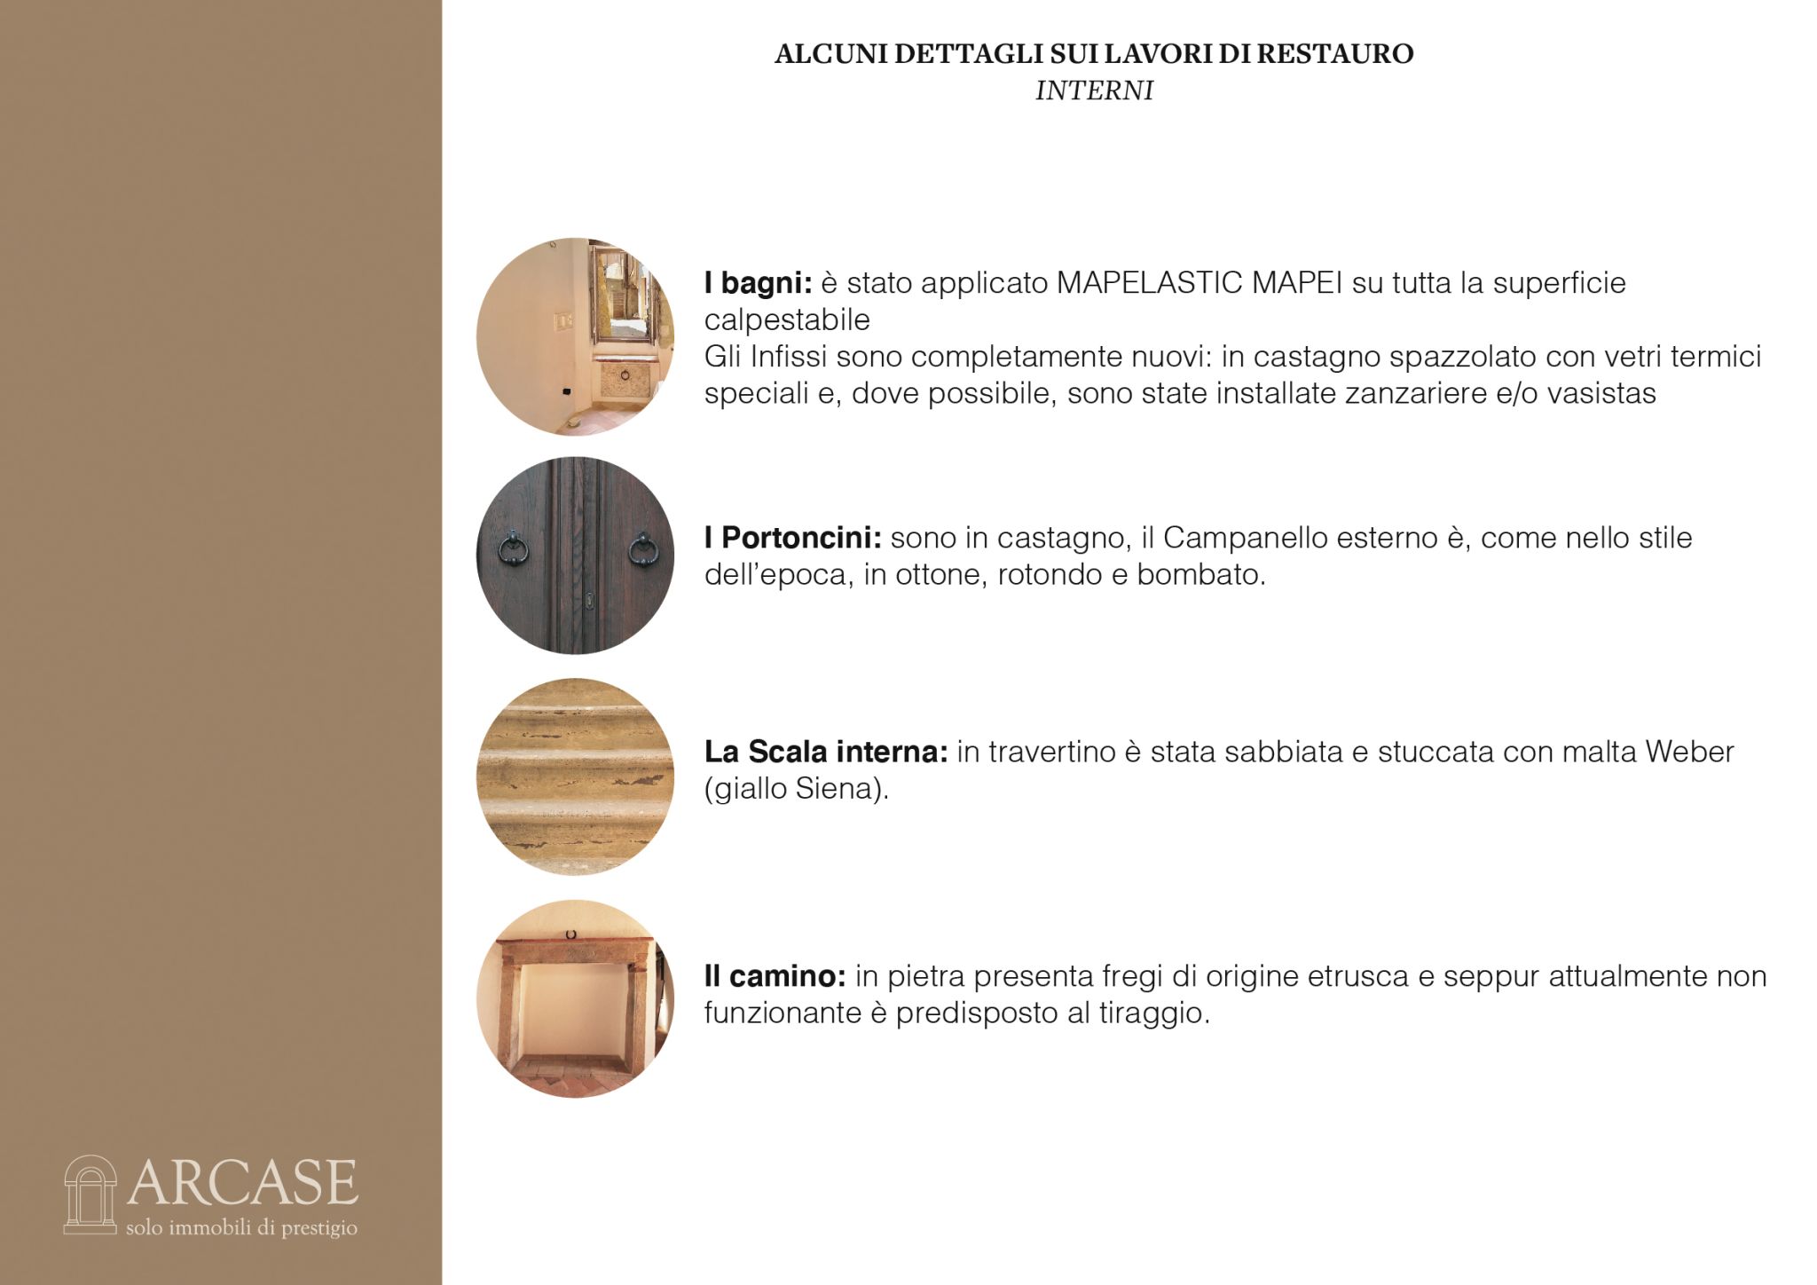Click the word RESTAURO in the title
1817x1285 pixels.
(1335, 53)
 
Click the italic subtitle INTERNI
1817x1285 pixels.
(1094, 91)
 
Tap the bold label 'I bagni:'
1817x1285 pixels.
(759, 284)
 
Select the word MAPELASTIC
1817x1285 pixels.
(1150, 283)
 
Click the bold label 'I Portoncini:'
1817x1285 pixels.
(793, 538)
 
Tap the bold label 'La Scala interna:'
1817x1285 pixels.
(826, 752)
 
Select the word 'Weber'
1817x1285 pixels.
(1689, 752)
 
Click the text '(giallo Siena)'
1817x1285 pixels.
(795, 789)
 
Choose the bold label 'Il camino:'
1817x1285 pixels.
(775, 976)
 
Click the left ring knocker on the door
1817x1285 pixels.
(513, 548)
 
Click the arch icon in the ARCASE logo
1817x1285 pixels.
(90, 1194)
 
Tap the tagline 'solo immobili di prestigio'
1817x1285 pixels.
(241, 1228)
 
